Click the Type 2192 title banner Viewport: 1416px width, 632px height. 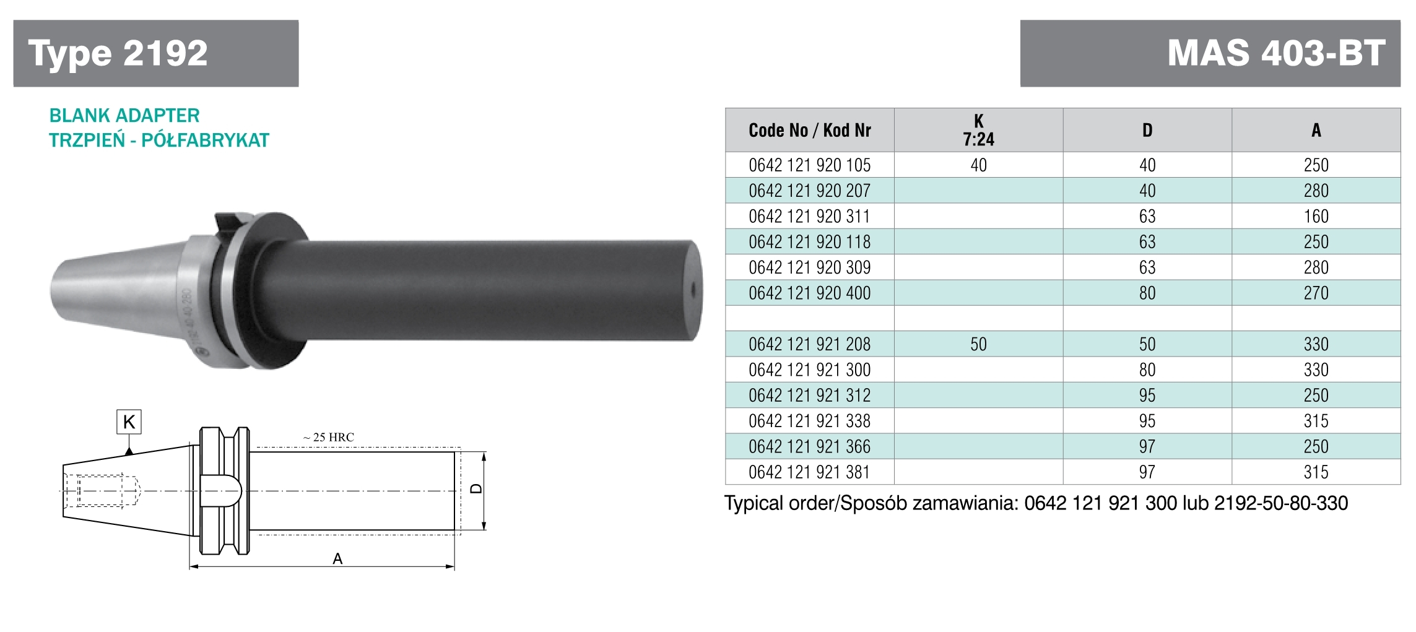156,53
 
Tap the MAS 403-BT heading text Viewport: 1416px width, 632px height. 1276,53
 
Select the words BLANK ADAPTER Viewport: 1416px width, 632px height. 124,116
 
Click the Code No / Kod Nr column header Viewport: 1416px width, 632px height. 810,131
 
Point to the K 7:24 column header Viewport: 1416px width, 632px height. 978,131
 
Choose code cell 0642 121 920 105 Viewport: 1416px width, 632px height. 810,165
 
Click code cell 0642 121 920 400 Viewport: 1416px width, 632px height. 810,293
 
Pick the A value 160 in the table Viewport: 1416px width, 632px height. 1316,216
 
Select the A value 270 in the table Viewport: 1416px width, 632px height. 1316,293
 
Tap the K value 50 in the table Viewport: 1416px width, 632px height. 978,344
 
